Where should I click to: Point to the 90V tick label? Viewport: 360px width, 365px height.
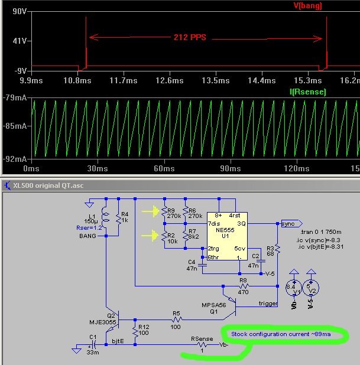[12, 12]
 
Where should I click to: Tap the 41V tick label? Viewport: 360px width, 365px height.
[14, 41]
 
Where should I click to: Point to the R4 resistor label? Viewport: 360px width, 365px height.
[125, 214]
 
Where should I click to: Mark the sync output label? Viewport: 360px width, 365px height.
[290, 224]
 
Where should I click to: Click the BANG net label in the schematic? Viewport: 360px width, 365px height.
[87, 236]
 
